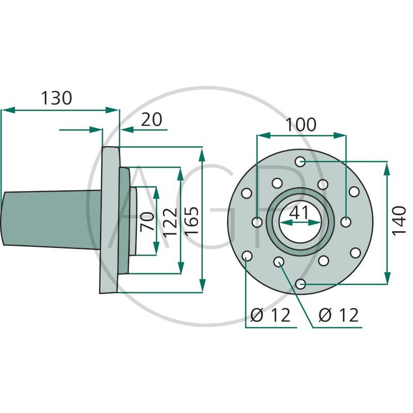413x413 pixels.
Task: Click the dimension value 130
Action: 56,98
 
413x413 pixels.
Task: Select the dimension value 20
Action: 151,119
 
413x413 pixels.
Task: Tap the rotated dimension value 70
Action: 148,220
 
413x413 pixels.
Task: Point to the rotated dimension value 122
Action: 170,221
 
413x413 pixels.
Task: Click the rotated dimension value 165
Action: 192,221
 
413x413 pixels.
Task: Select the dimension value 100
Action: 301,124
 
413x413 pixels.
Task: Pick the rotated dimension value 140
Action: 398,220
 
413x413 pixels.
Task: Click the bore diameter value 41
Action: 300,212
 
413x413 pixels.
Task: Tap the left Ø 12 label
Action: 271,315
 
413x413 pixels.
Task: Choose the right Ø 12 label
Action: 338,315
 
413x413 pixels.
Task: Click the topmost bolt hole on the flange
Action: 300,162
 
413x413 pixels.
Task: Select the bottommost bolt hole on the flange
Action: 300,283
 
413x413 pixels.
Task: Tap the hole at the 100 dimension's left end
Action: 257,223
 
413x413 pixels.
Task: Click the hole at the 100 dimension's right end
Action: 346,223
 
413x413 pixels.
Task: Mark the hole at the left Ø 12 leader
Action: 247,256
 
